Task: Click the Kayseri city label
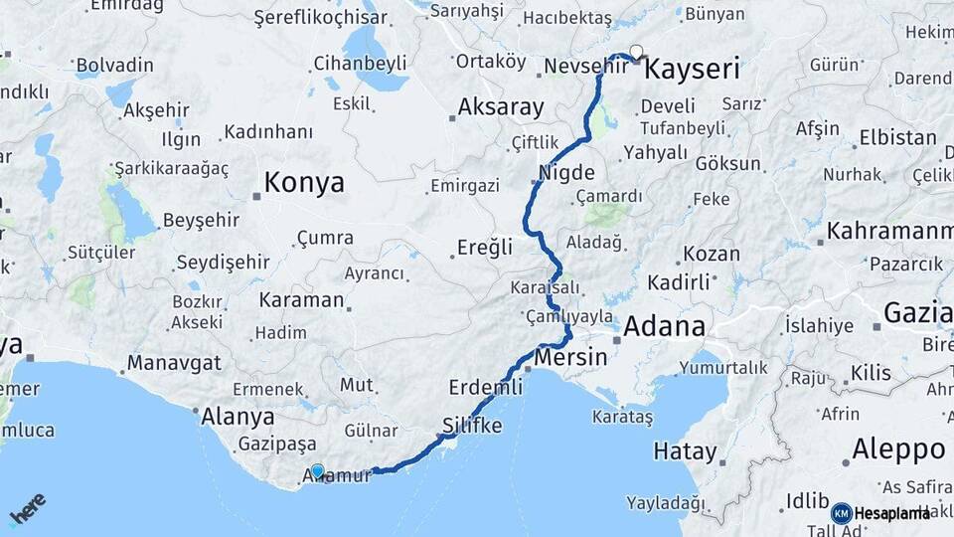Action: (692, 70)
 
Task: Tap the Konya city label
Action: (305, 183)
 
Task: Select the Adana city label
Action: (665, 325)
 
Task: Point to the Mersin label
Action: (570, 357)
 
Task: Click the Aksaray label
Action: (501, 107)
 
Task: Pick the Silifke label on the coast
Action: (470, 426)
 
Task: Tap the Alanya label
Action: (238, 417)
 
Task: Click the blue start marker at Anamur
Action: (317, 471)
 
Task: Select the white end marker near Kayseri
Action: (636, 52)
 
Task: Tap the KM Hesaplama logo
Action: (880, 513)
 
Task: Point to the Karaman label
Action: (301, 299)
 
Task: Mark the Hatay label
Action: (685, 451)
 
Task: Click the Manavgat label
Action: (174, 362)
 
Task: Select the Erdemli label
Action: (485, 387)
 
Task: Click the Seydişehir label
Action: (223, 263)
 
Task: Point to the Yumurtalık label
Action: (723, 368)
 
